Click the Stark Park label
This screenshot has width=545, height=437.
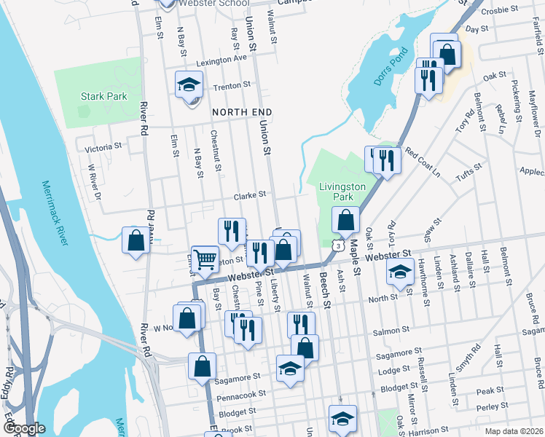point(104,96)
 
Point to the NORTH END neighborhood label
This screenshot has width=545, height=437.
point(242,112)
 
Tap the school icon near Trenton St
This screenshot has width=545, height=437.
point(189,84)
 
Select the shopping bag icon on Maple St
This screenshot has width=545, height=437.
point(346,219)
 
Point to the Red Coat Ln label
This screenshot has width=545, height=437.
point(423,163)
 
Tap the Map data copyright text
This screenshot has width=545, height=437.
point(514,430)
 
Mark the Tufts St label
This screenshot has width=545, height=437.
point(469,173)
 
